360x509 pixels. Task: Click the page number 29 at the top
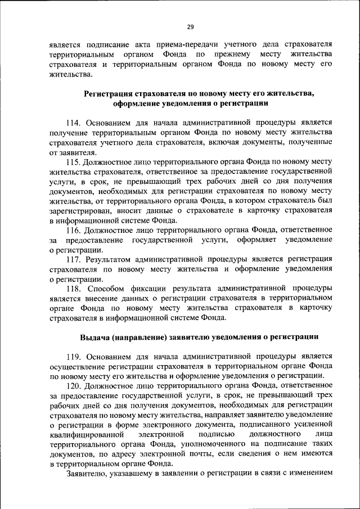[x=190, y=27]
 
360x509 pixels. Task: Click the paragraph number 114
[x=75, y=121]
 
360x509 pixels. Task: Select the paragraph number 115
[x=75, y=162]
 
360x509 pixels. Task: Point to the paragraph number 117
[x=75, y=259]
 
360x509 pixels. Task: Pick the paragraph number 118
[x=75, y=289]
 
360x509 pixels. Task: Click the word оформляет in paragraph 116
[x=249, y=240]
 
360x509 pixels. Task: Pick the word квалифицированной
[x=86, y=434]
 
